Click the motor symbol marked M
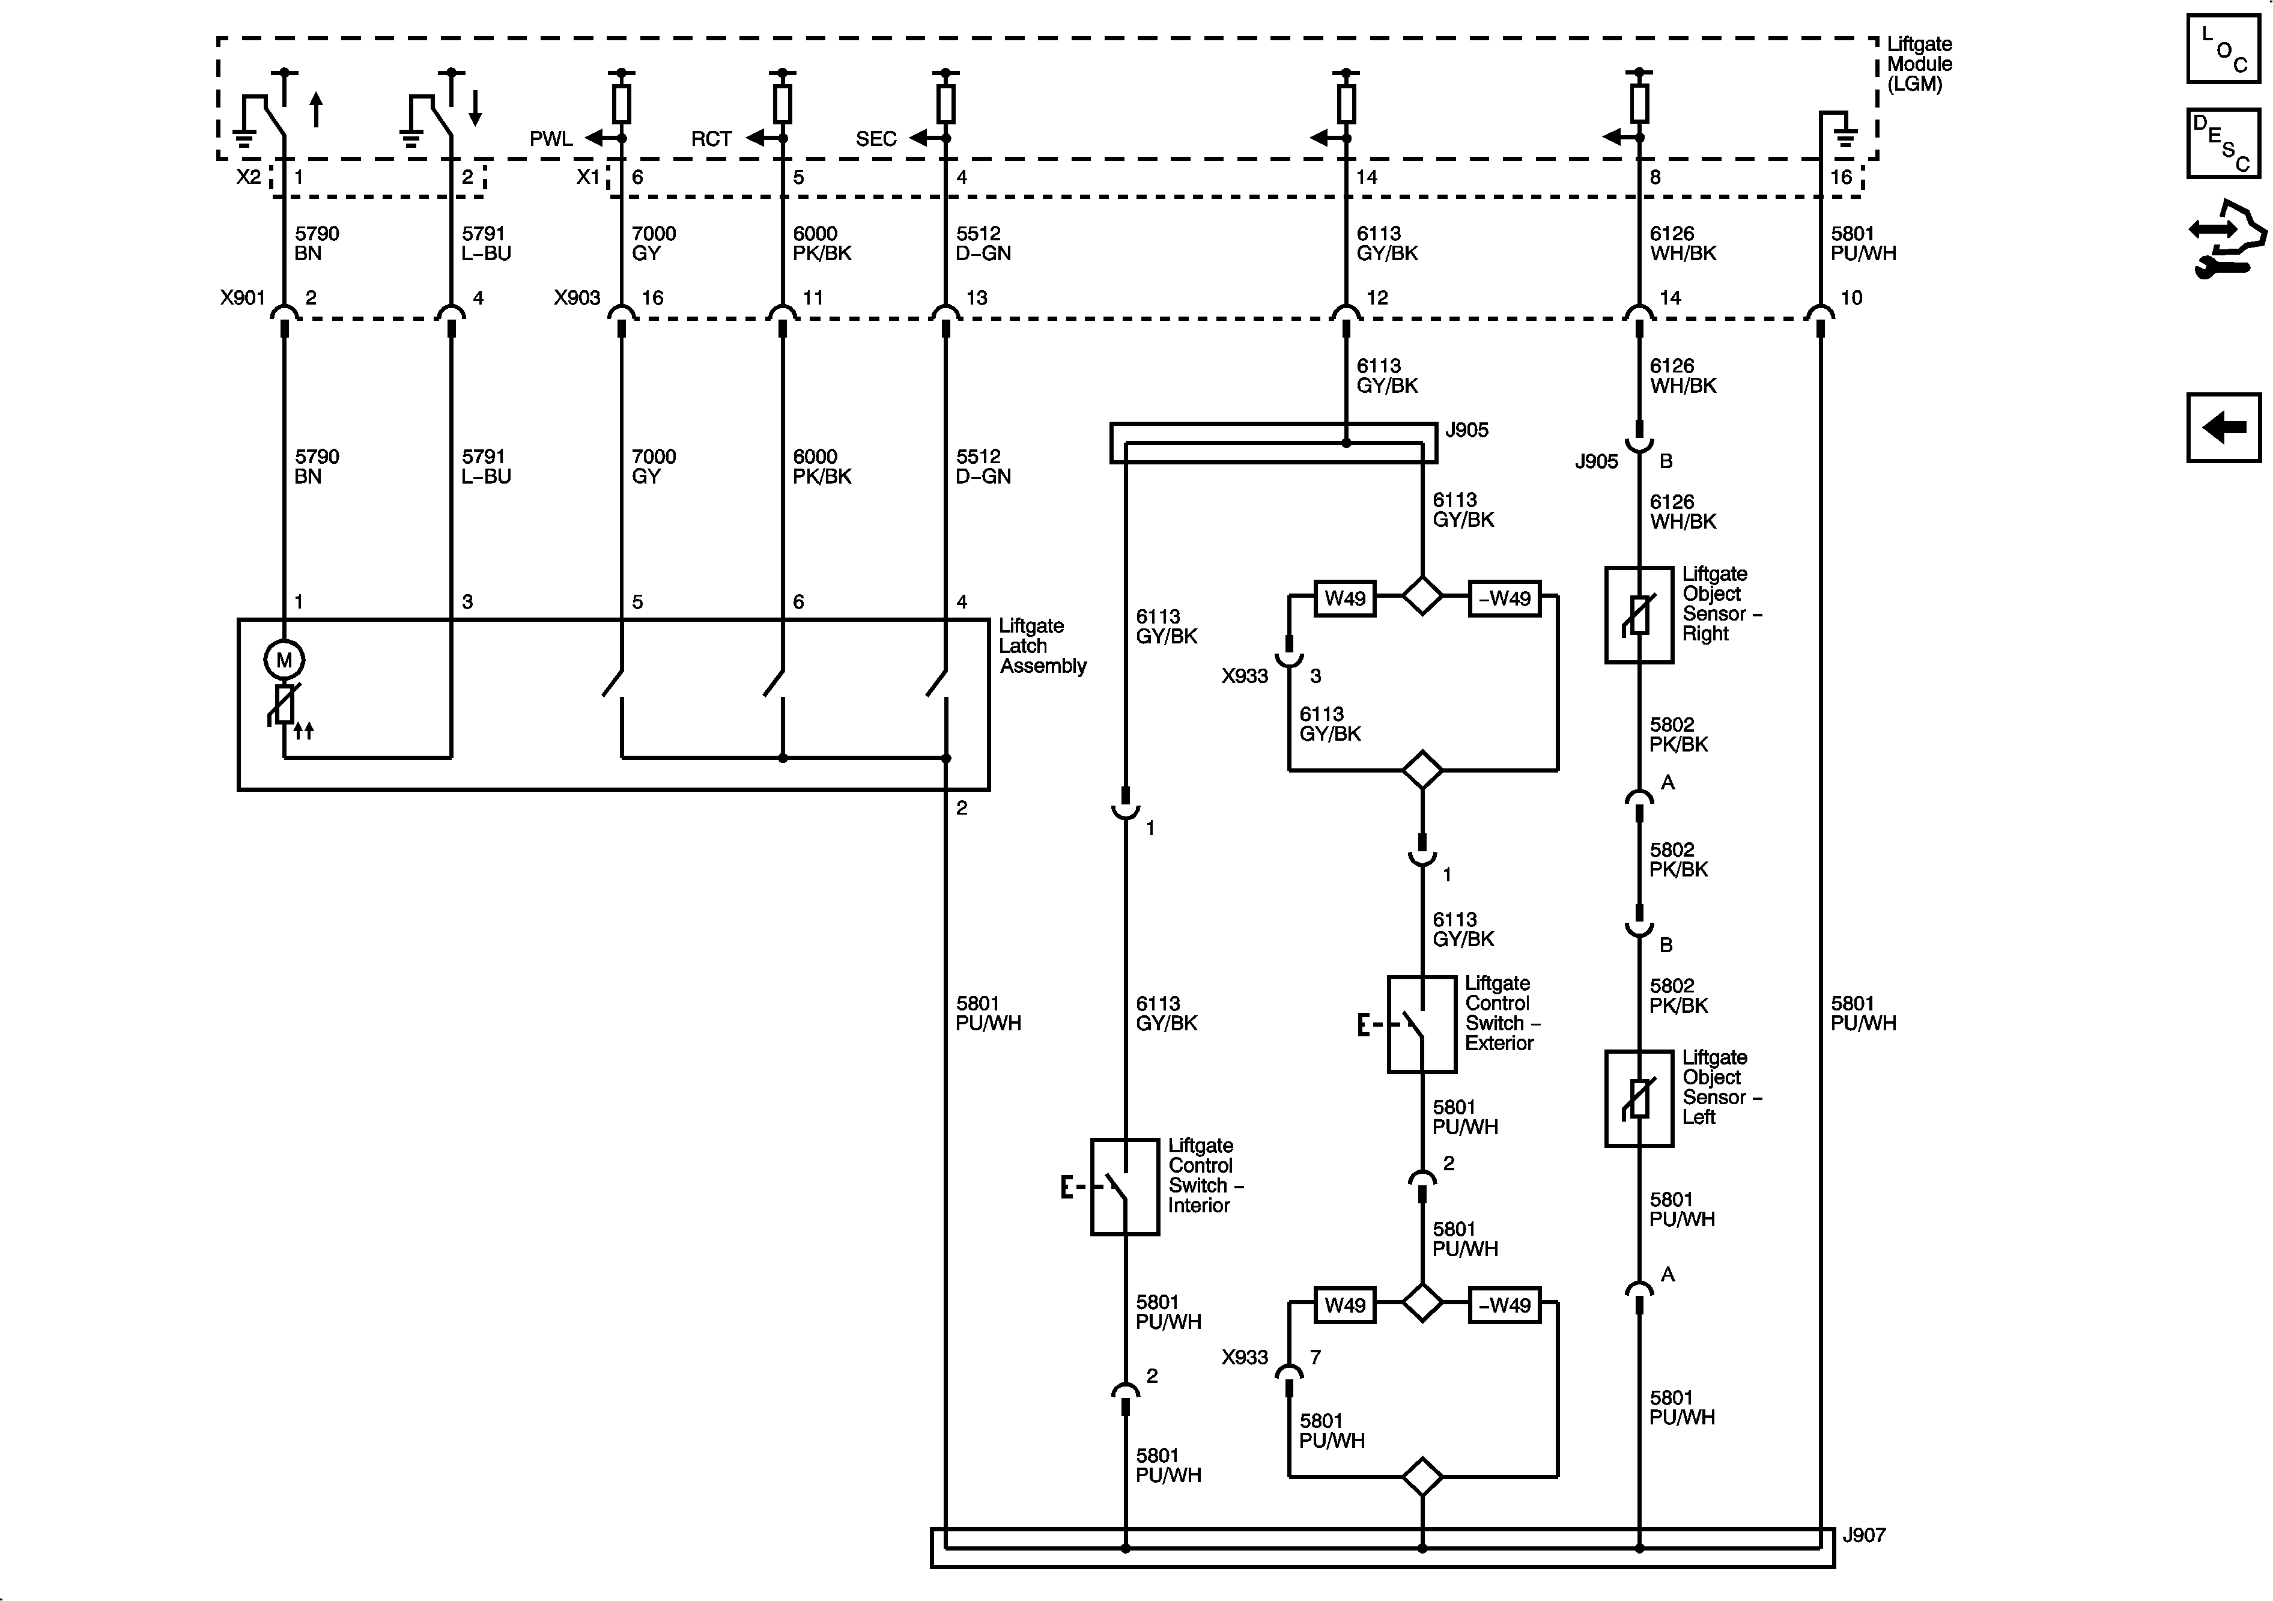[284, 660]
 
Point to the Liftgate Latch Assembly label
[1042, 646]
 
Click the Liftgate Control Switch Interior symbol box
[1124, 1186]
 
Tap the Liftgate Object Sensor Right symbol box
[1639, 615]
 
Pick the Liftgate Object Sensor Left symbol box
[1639, 1098]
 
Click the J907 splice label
[1864, 1535]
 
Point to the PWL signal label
[550, 139]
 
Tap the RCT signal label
[711, 139]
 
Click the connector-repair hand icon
[2226, 238]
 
